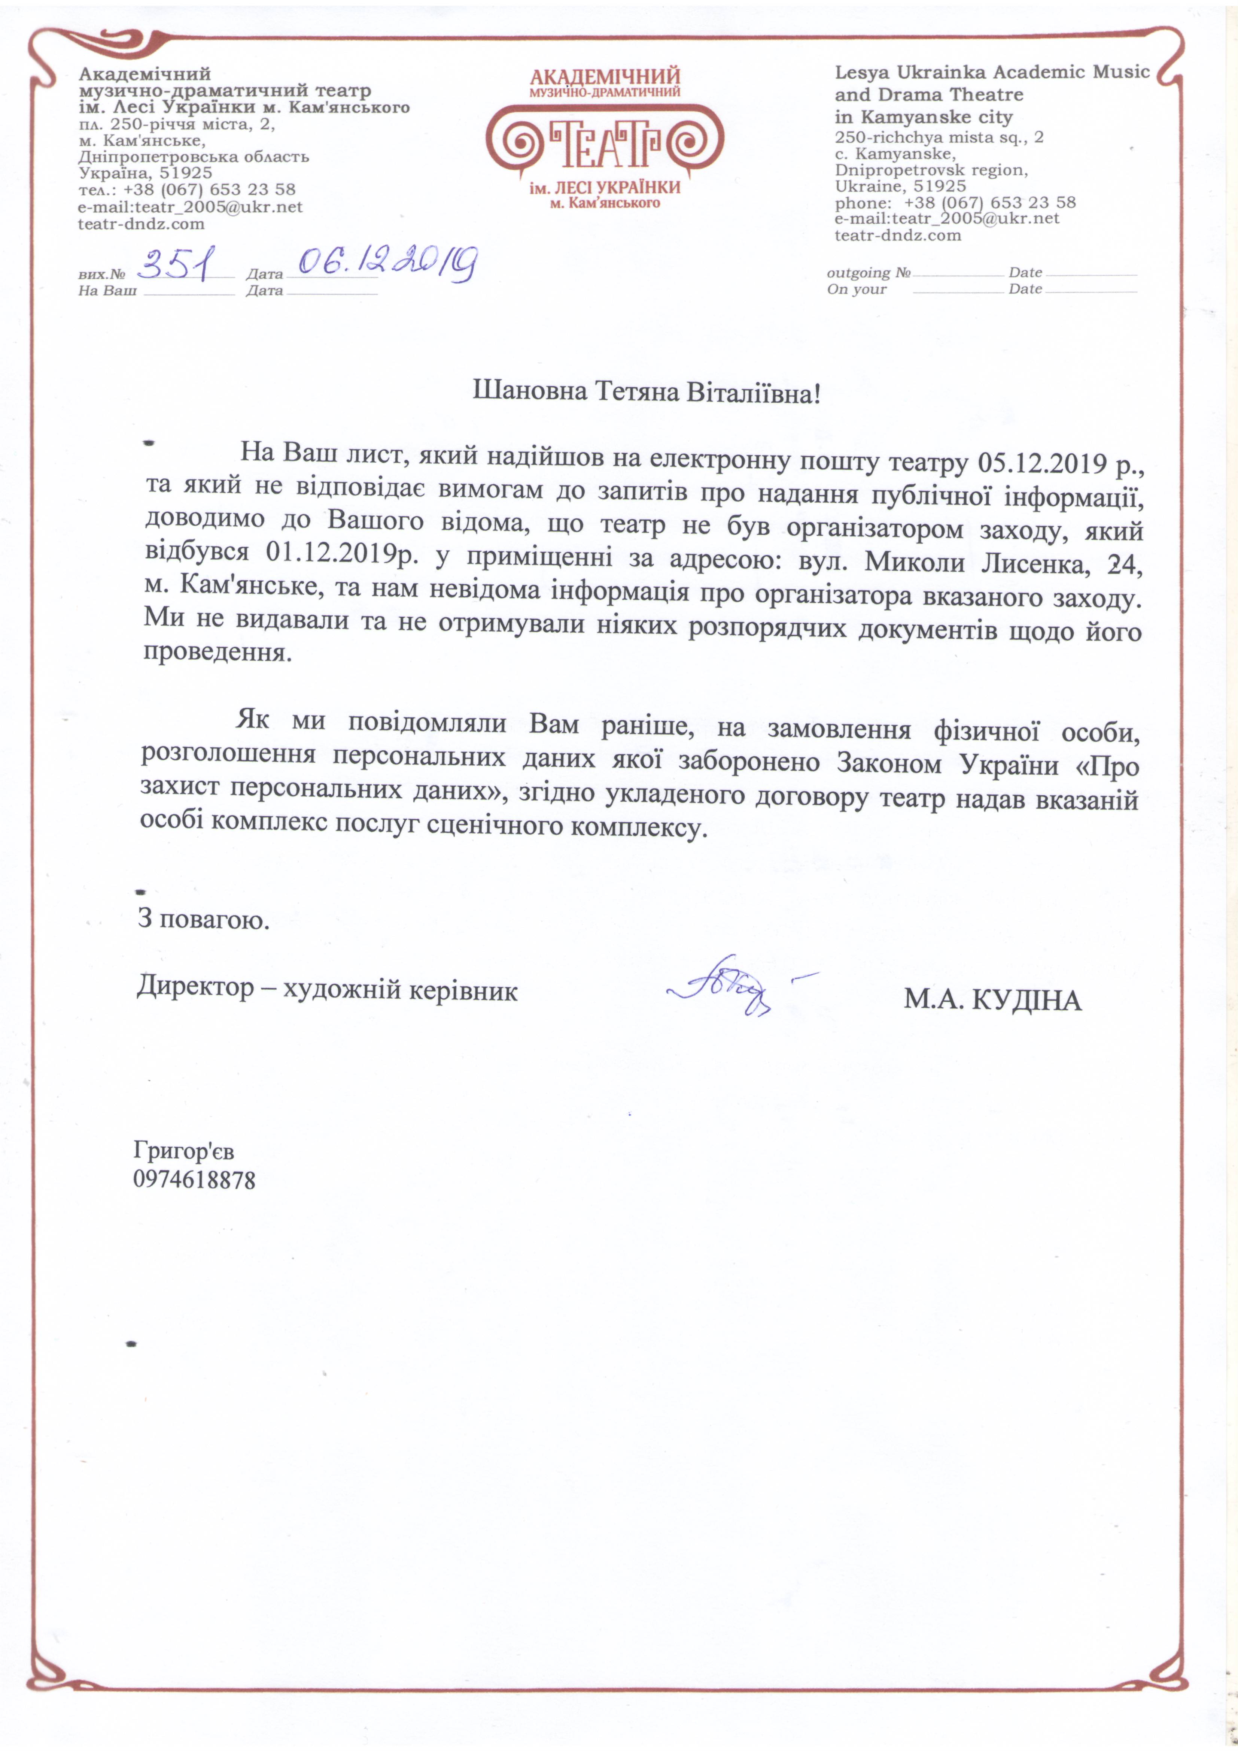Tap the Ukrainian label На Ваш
click(x=107, y=291)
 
